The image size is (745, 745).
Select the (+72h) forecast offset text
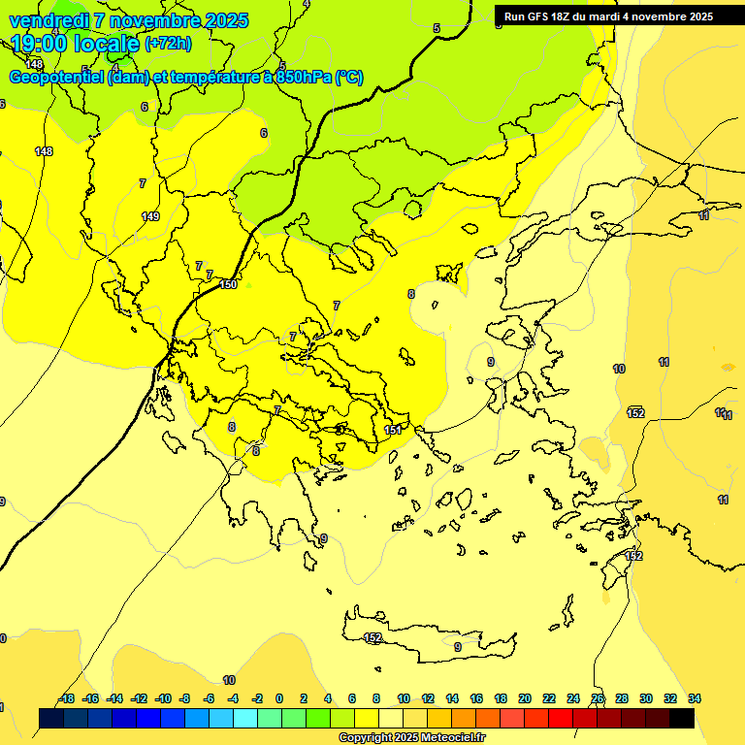pyautogui.click(x=168, y=44)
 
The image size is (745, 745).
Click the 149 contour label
pyautogui.click(x=149, y=216)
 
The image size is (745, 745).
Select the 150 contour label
pyautogui.click(x=228, y=284)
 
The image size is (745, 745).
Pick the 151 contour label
pyautogui.click(x=393, y=430)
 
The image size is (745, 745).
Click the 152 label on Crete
pyautogui.click(x=372, y=637)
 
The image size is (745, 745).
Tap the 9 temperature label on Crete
pyautogui.click(x=457, y=647)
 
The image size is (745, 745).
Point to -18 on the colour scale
pyautogui.click(x=66, y=698)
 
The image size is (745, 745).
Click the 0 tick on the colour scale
pyautogui.click(x=279, y=698)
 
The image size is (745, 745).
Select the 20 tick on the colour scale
pyautogui.click(x=525, y=698)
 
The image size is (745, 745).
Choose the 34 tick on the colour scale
pyautogui.click(x=695, y=698)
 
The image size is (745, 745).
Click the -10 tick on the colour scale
pyautogui.click(x=162, y=698)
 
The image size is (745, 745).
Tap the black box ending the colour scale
pyautogui.click(x=682, y=719)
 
